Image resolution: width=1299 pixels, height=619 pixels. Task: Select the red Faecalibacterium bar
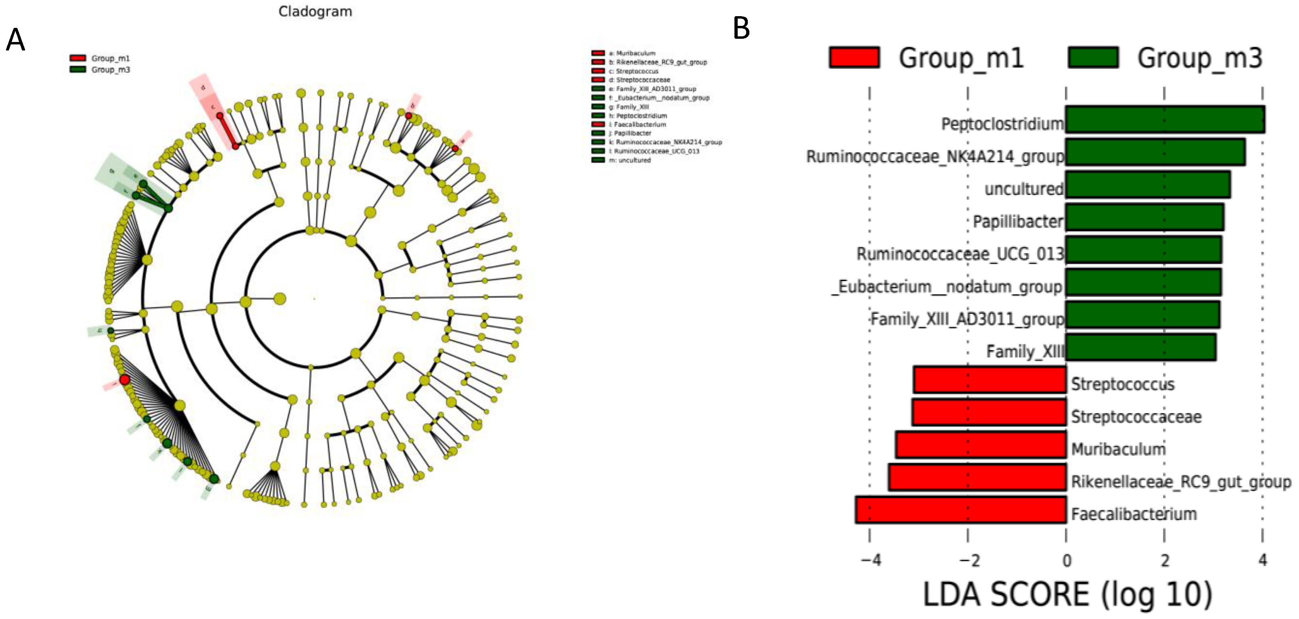point(961,510)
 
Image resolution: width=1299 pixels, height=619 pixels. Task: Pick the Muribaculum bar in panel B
point(981,445)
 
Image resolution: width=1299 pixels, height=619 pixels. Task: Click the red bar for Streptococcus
point(989,380)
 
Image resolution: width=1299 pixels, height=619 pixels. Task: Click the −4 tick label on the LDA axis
point(870,560)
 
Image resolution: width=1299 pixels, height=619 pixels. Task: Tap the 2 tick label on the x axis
point(1164,560)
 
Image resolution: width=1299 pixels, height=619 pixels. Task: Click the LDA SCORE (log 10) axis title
point(1067,594)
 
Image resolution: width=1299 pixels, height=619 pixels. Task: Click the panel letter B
point(741,28)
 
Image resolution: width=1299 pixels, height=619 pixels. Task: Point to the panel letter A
point(15,40)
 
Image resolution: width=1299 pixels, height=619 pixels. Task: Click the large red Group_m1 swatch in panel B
point(854,57)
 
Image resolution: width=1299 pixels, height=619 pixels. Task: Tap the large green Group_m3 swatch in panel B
point(1093,57)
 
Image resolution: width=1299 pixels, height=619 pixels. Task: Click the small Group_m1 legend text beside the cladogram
point(111,59)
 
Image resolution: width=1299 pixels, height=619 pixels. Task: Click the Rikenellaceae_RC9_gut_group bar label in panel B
point(1180,482)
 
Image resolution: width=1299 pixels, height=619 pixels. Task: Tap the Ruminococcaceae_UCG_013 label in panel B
point(960,254)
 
